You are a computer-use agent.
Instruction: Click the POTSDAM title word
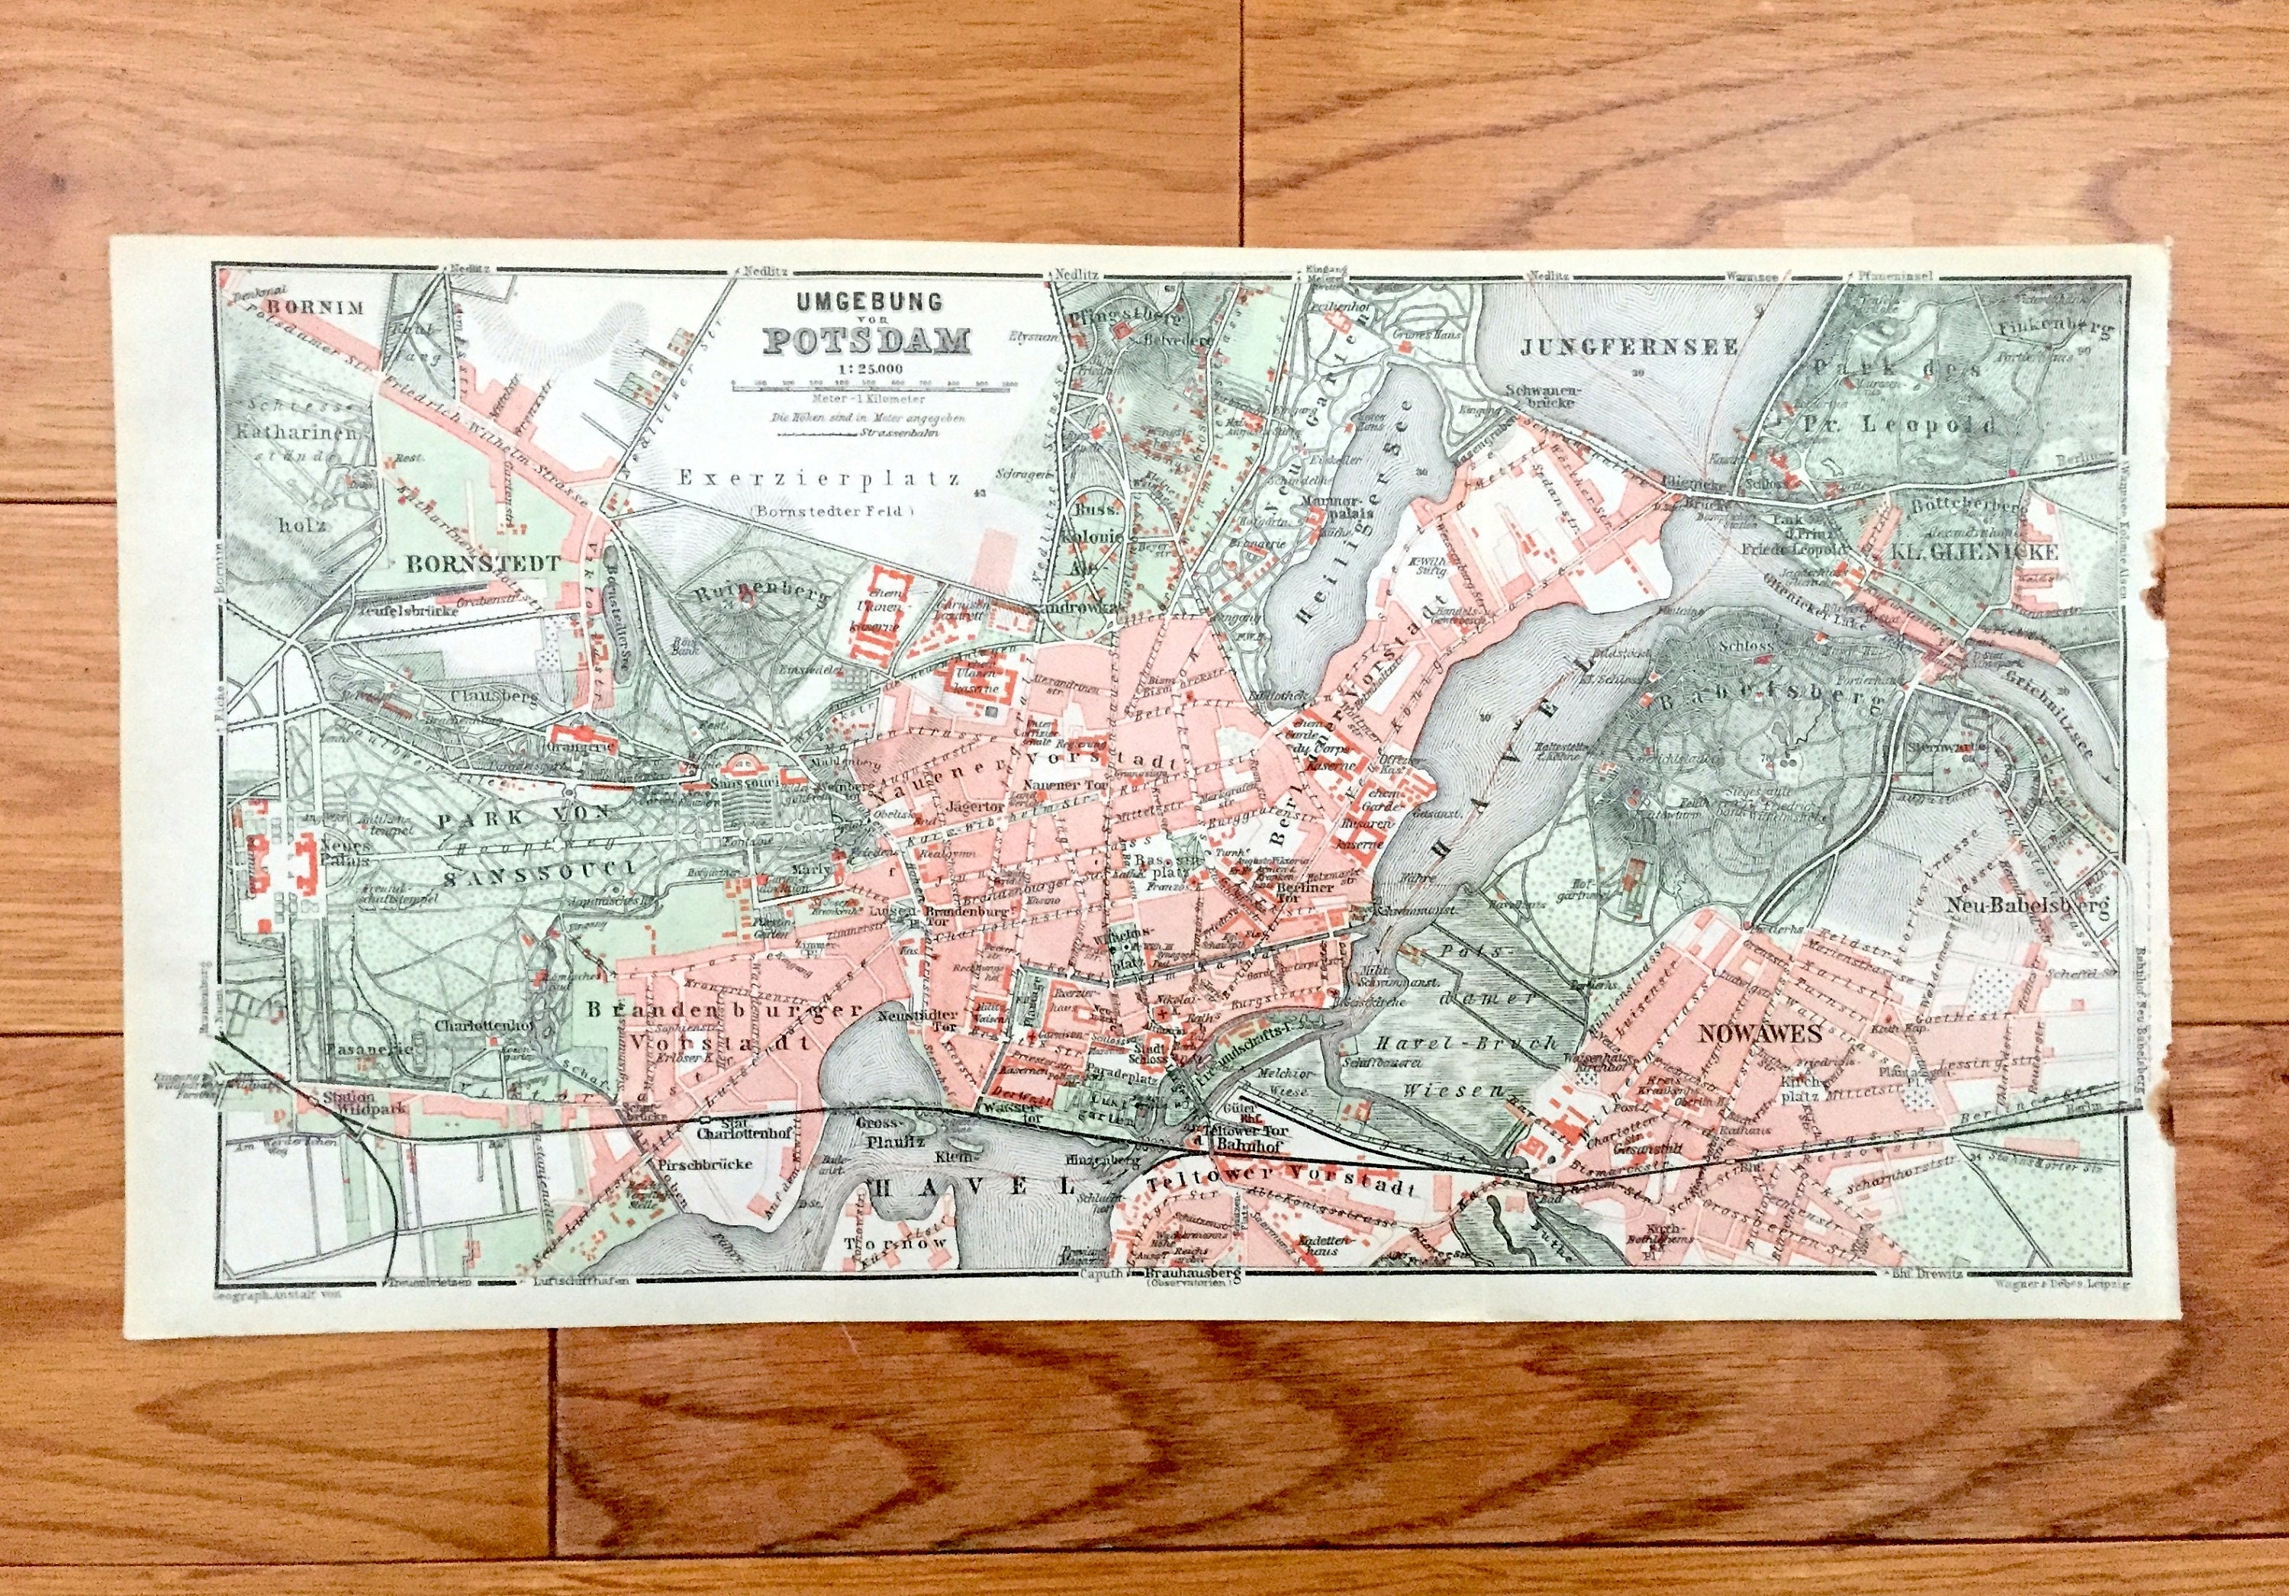pyautogui.click(x=865, y=341)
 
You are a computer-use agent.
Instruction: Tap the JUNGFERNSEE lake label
pyautogui.click(x=1630, y=348)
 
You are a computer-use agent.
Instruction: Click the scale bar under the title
pyautogui.click(x=864, y=387)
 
